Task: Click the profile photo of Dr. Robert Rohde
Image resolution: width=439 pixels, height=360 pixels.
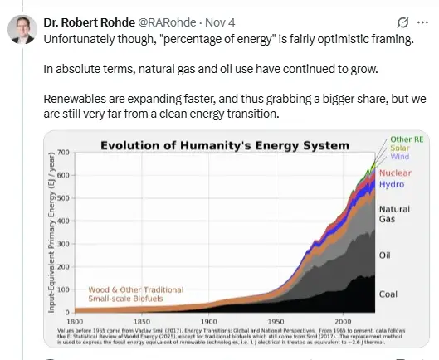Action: click(x=22, y=28)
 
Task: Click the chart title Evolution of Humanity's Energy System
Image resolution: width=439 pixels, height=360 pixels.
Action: click(x=225, y=145)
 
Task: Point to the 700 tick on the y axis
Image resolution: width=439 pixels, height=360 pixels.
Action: click(x=66, y=154)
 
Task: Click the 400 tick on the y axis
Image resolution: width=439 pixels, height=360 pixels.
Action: click(x=66, y=220)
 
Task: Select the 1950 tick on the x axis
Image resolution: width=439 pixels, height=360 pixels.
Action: click(x=275, y=319)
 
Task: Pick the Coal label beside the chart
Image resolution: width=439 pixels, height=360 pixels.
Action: click(x=388, y=294)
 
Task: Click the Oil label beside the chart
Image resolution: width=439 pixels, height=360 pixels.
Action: click(x=384, y=255)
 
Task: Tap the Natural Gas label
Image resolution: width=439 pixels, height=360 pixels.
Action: click(x=393, y=214)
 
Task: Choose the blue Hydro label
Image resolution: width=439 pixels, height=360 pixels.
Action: click(x=391, y=184)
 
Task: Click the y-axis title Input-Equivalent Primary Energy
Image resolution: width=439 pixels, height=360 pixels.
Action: click(x=53, y=227)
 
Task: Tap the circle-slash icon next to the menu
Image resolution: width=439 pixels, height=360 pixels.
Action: click(x=403, y=22)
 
